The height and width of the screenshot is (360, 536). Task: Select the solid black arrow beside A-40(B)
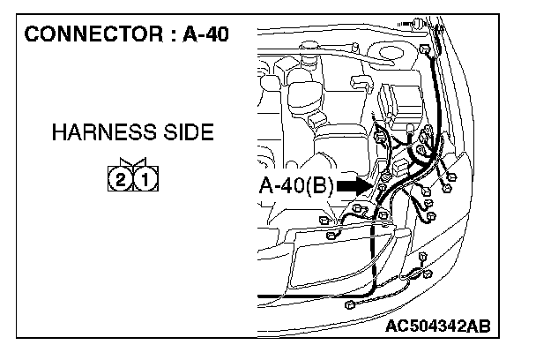353,186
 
